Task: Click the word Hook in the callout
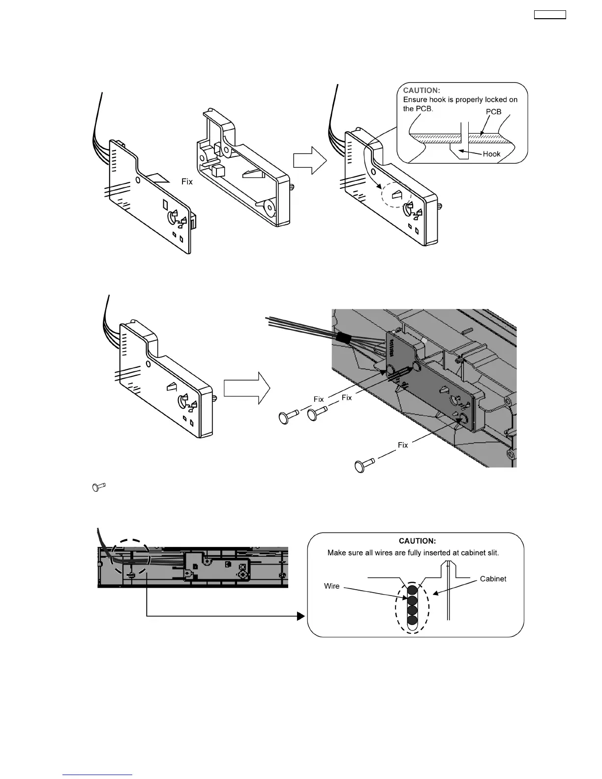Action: click(x=491, y=154)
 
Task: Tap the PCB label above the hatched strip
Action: click(x=493, y=112)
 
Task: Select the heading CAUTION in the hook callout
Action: click(x=421, y=90)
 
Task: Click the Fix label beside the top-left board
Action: click(x=187, y=181)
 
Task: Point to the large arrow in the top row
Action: click(x=310, y=161)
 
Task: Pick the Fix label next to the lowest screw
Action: click(x=403, y=445)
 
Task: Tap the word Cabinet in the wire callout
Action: click(x=493, y=579)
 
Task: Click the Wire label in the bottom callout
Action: click(x=331, y=586)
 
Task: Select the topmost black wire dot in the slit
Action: click(x=412, y=590)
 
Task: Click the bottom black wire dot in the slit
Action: click(x=412, y=620)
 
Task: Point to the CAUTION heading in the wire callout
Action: click(x=417, y=541)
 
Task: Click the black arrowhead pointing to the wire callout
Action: click(x=301, y=616)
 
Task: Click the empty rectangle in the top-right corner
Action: click(x=550, y=15)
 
